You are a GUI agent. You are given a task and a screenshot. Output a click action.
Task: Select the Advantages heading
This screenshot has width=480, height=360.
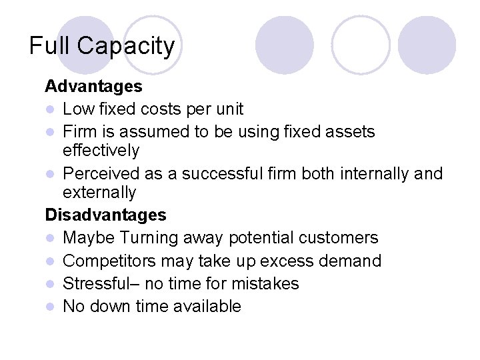93,86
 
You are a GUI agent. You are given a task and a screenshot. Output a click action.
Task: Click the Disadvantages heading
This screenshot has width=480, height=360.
105,215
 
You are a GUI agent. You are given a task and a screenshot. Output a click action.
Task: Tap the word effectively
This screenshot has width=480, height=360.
101,151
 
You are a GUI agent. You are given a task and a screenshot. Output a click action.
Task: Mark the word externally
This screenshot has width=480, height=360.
99,193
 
